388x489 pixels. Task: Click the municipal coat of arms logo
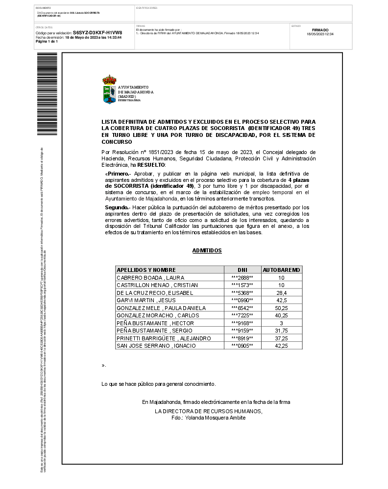109,89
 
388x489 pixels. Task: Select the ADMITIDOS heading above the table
207,251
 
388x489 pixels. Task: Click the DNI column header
242,270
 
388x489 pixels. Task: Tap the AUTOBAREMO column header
282,270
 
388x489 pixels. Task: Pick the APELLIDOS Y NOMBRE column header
146,270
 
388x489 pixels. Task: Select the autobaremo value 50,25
281,308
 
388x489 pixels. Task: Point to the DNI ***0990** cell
242,300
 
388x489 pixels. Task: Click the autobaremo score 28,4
281,293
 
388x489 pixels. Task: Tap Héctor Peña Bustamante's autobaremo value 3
281,323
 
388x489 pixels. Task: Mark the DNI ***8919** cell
242,338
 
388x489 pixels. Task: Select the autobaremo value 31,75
281,331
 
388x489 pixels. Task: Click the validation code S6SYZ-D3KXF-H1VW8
97,32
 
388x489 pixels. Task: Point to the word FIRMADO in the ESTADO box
320,30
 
